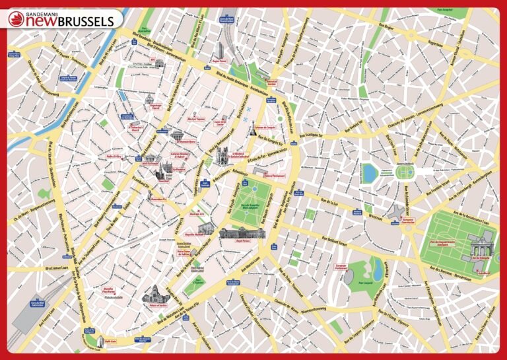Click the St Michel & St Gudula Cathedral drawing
tap(222, 156)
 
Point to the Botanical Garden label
tap(272, 83)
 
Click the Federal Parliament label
tap(273, 176)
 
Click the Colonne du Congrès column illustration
tap(252, 130)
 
